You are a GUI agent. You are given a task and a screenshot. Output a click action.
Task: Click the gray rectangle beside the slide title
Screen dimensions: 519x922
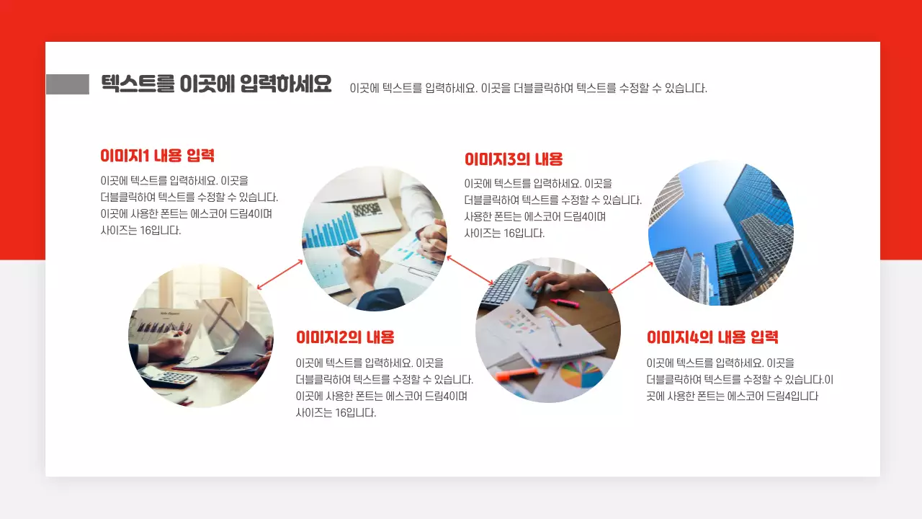click(x=67, y=84)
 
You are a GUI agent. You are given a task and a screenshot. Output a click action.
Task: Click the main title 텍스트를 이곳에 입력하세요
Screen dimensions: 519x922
click(x=216, y=84)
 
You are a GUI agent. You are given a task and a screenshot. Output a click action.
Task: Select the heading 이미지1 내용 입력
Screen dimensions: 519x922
click(x=157, y=156)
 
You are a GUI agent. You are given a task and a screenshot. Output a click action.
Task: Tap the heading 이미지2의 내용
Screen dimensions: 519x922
click(x=345, y=337)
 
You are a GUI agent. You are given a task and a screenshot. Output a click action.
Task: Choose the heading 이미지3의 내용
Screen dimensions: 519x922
click(x=514, y=159)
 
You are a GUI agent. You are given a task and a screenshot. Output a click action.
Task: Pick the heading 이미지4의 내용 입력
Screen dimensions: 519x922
click(x=712, y=337)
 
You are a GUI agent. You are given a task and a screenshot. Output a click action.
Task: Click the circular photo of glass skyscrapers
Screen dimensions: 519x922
click(x=720, y=232)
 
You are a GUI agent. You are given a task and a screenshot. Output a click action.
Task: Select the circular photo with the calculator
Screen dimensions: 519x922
click(x=201, y=335)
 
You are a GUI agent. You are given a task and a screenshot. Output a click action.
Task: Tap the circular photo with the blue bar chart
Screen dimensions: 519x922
click(x=374, y=239)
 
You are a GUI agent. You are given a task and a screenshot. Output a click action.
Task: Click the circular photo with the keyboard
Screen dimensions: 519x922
click(x=547, y=330)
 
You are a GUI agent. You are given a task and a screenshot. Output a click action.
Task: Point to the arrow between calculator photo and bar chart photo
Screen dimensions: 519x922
click(x=280, y=275)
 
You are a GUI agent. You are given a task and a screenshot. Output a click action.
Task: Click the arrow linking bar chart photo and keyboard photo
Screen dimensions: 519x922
click(x=470, y=270)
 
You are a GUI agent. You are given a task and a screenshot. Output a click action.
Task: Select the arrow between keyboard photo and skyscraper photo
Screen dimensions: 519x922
click(x=630, y=277)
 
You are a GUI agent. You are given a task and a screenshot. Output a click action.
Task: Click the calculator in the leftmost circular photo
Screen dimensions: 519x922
click(x=166, y=376)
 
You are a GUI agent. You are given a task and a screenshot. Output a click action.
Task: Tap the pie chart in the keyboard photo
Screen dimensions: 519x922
click(x=581, y=374)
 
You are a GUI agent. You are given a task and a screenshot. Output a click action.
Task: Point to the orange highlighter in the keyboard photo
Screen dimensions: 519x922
click(x=517, y=374)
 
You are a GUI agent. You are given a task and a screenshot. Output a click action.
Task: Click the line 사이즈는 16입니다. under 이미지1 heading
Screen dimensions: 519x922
click(x=140, y=231)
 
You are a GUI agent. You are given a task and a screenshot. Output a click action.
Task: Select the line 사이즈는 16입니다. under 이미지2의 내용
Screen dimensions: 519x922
click(x=336, y=413)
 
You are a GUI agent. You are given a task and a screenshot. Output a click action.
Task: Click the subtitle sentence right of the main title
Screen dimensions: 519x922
click(x=528, y=89)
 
